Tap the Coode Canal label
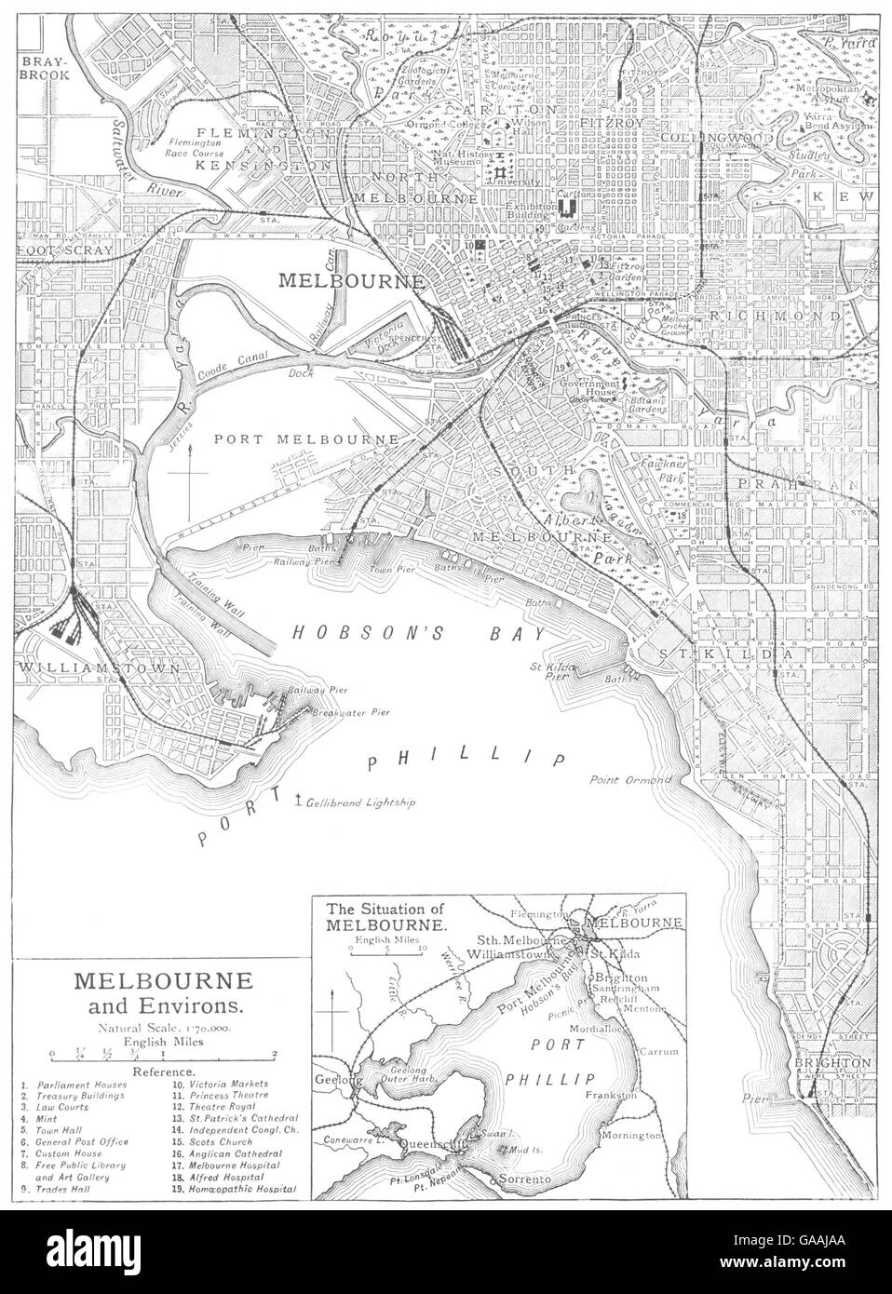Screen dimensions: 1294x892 click(x=231, y=375)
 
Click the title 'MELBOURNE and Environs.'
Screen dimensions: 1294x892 click(x=155, y=992)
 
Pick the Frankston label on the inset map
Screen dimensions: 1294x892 click(x=611, y=1096)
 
